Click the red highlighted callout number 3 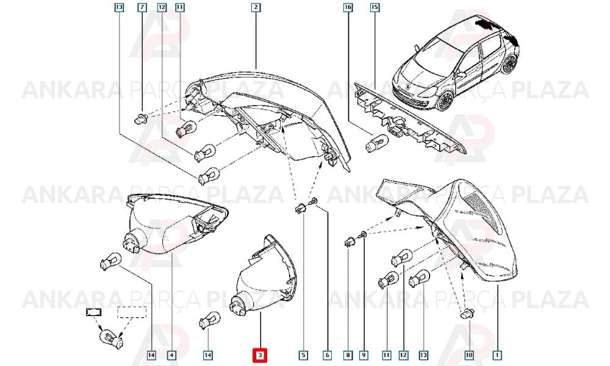pyautogui.click(x=260, y=355)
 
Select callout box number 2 pyautogui.click(x=256, y=7)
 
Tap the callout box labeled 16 pyautogui.click(x=348, y=7)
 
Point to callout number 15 pyautogui.click(x=375, y=7)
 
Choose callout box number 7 pyautogui.click(x=142, y=7)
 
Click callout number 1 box pyautogui.click(x=497, y=355)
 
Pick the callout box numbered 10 pyautogui.click(x=469, y=355)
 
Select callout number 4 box pyautogui.click(x=171, y=355)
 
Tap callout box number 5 pyautogui.click(x=303, y=355)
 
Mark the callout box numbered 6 pyautogui.click(x=327, y=355)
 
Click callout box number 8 pyautogui.click(x=348, y=355)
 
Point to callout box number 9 pyautogui.click(x=364, y=355)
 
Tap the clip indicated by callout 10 pyautogui.click(x=467, y=313)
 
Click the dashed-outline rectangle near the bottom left pyautogui.click(x=132, y=312)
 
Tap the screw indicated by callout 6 pyautogui.click(x=314, y=201)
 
